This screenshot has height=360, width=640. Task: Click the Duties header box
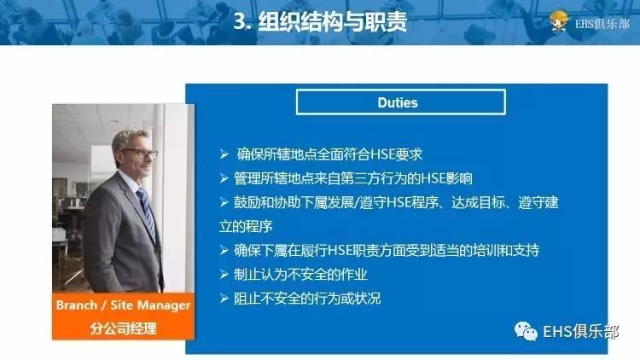399,102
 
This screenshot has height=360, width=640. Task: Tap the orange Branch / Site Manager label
123,305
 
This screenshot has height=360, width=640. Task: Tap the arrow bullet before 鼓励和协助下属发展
224,202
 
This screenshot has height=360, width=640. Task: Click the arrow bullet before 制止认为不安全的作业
224,275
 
